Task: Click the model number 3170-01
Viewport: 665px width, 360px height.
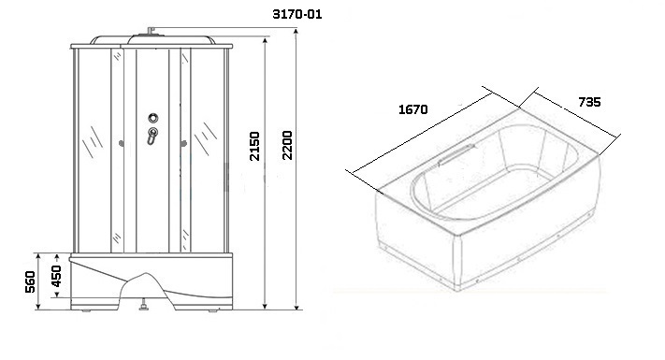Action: (x=296, y=14)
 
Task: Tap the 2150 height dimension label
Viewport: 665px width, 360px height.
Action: (x=254, y=146)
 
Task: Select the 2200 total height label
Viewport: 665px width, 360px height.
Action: (x=287, y=145)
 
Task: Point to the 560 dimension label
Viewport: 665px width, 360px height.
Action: (x=30, y=281)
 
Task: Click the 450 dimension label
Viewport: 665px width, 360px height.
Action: (x=56, y=276)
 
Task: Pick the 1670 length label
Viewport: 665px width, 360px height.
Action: (x=413, y=109)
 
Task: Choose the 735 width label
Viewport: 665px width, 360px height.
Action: (x=589, y=102)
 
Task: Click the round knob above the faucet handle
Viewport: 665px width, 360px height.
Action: (x=153, y=118)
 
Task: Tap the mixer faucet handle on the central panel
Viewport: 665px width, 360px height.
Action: (x=152, y=137)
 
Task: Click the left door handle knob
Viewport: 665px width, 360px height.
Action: (x=122, y=144)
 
